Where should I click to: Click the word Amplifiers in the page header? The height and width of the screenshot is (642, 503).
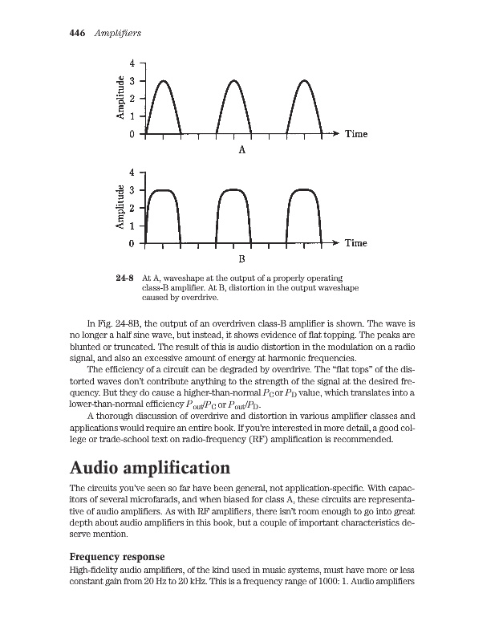coord(118,33)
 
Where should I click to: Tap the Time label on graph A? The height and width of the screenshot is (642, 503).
coord(356,134)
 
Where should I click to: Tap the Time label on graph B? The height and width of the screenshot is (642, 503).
coord(356,242)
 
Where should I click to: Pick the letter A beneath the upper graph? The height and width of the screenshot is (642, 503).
coord(241,149)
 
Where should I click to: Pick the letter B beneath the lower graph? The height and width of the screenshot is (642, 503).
coord(241,259)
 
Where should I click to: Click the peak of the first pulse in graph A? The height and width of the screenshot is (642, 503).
coord(163,80)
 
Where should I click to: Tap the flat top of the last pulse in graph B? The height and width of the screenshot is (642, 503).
coord(305,189)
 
